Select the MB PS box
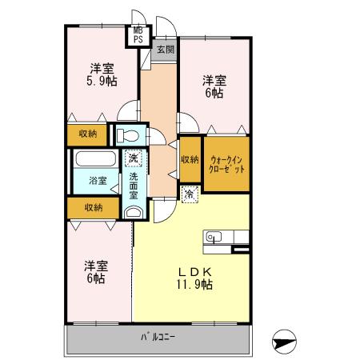click(x=138, y=34)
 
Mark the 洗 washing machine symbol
click(x=134, y=158)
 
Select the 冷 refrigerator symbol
click(x=189, y=193)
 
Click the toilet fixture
click(x=128, y=134)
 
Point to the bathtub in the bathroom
click(x=95, y=158)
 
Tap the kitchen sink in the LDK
click(x=214, y=237)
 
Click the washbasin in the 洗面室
click(x=133, y=211)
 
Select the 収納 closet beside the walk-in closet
click(x=189, y=160)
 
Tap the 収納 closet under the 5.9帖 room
click(x=88, y=134)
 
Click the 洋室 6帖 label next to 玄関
click(x=213, y=86)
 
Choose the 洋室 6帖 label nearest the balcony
click(x=95, y=272)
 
